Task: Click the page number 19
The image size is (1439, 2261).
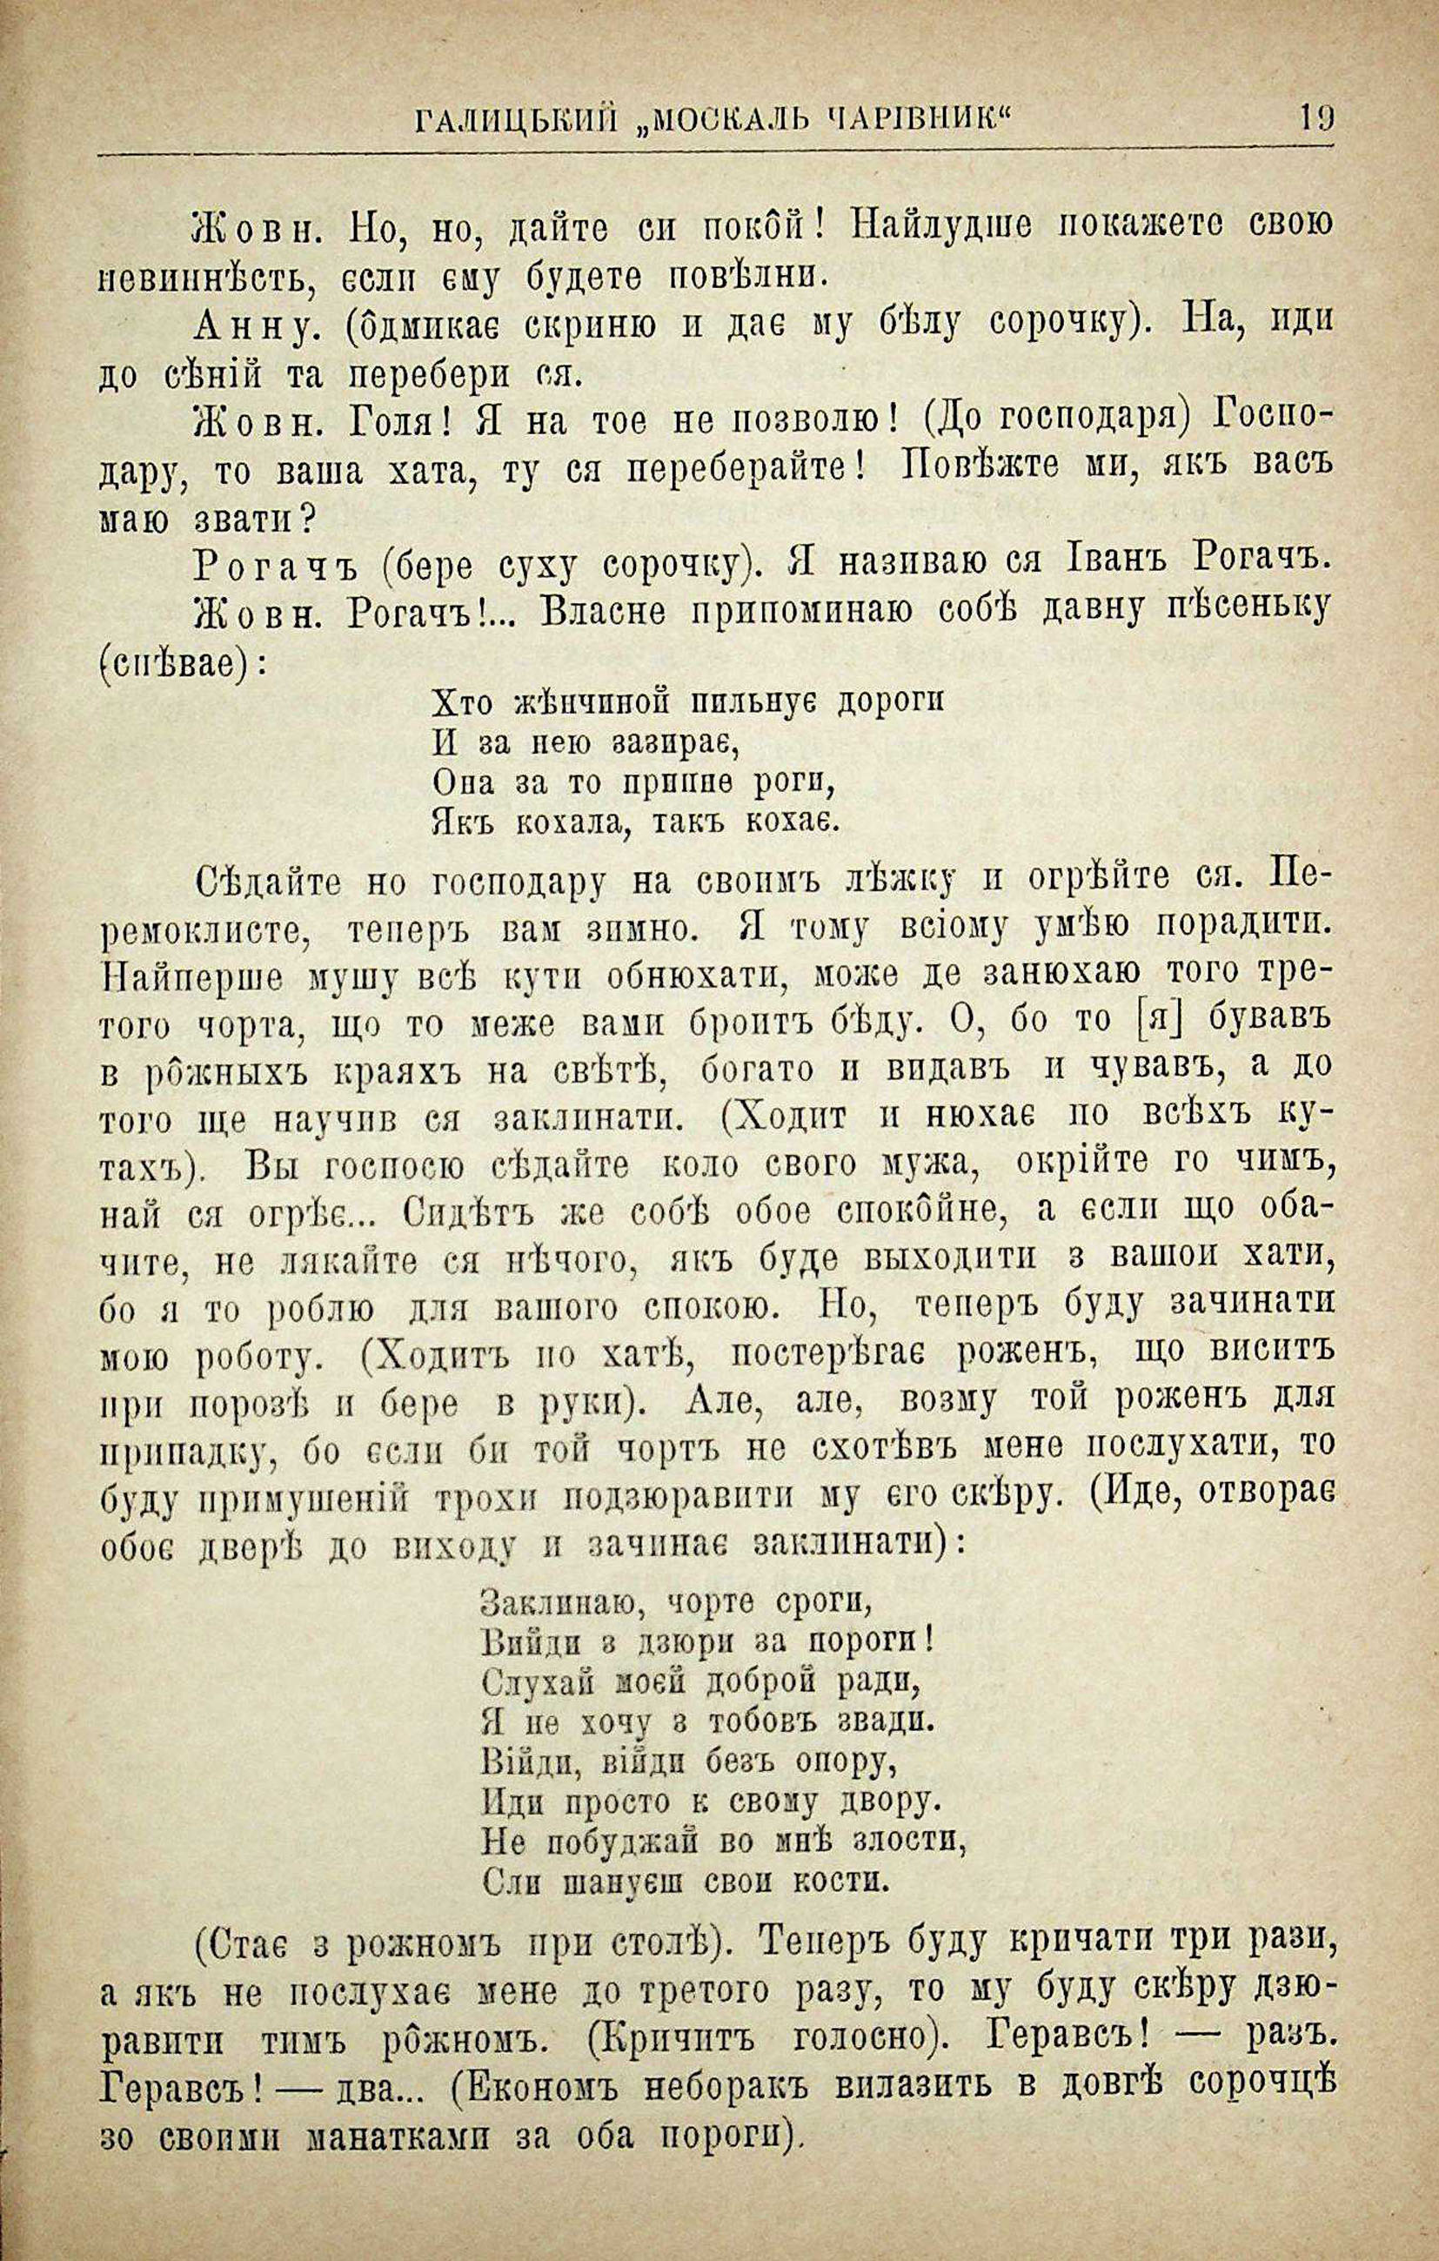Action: coord(1316,120)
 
